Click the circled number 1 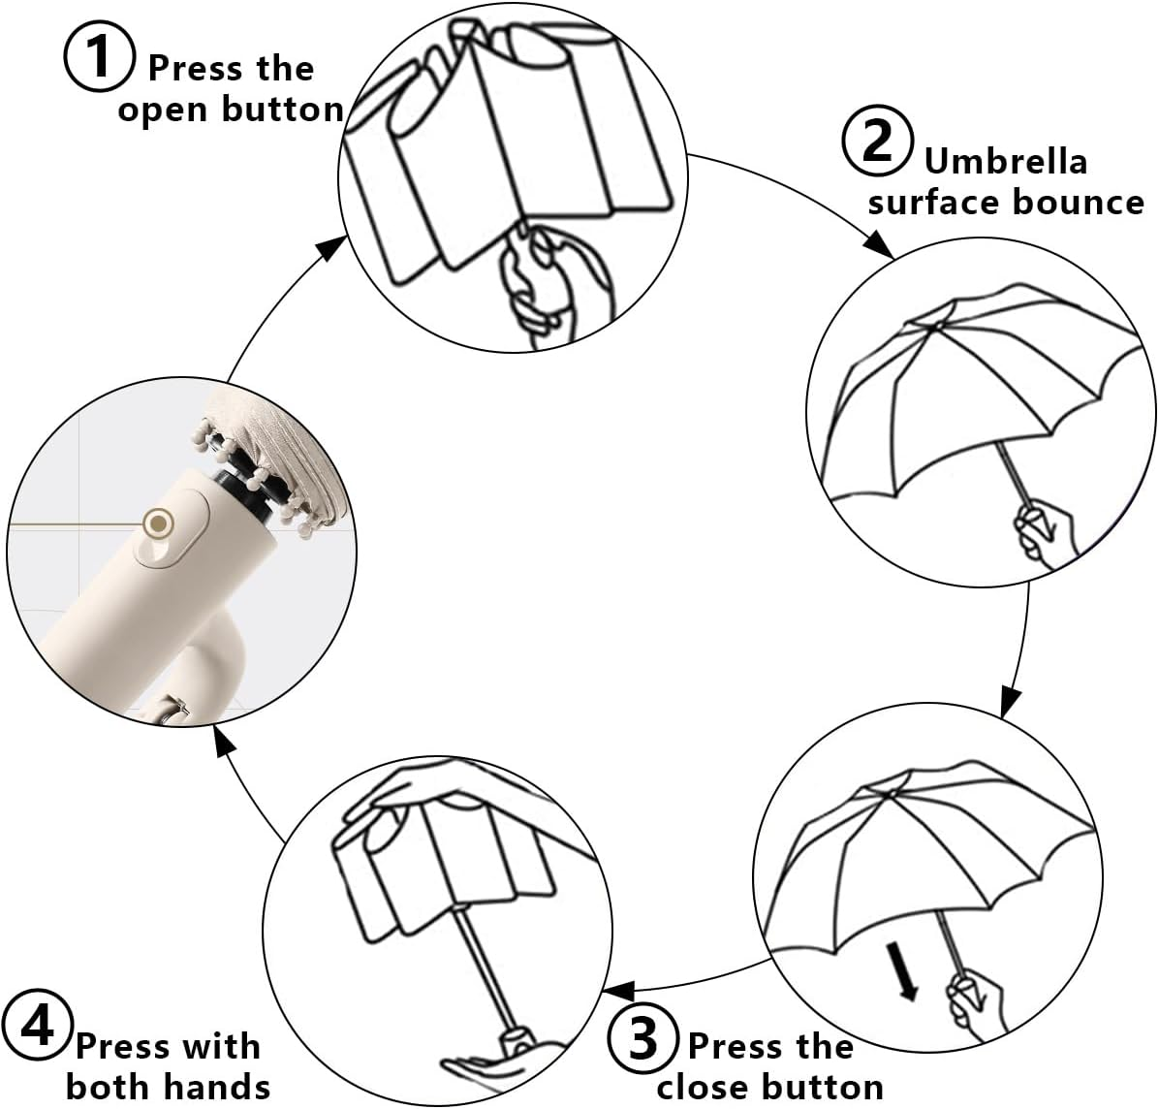pos(100,55)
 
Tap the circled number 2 pos(877,141)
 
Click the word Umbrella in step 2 pos(1005,160)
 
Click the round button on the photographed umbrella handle pos(155,524)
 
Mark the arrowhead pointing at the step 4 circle pos(618,991)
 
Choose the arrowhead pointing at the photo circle pos(225,743)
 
